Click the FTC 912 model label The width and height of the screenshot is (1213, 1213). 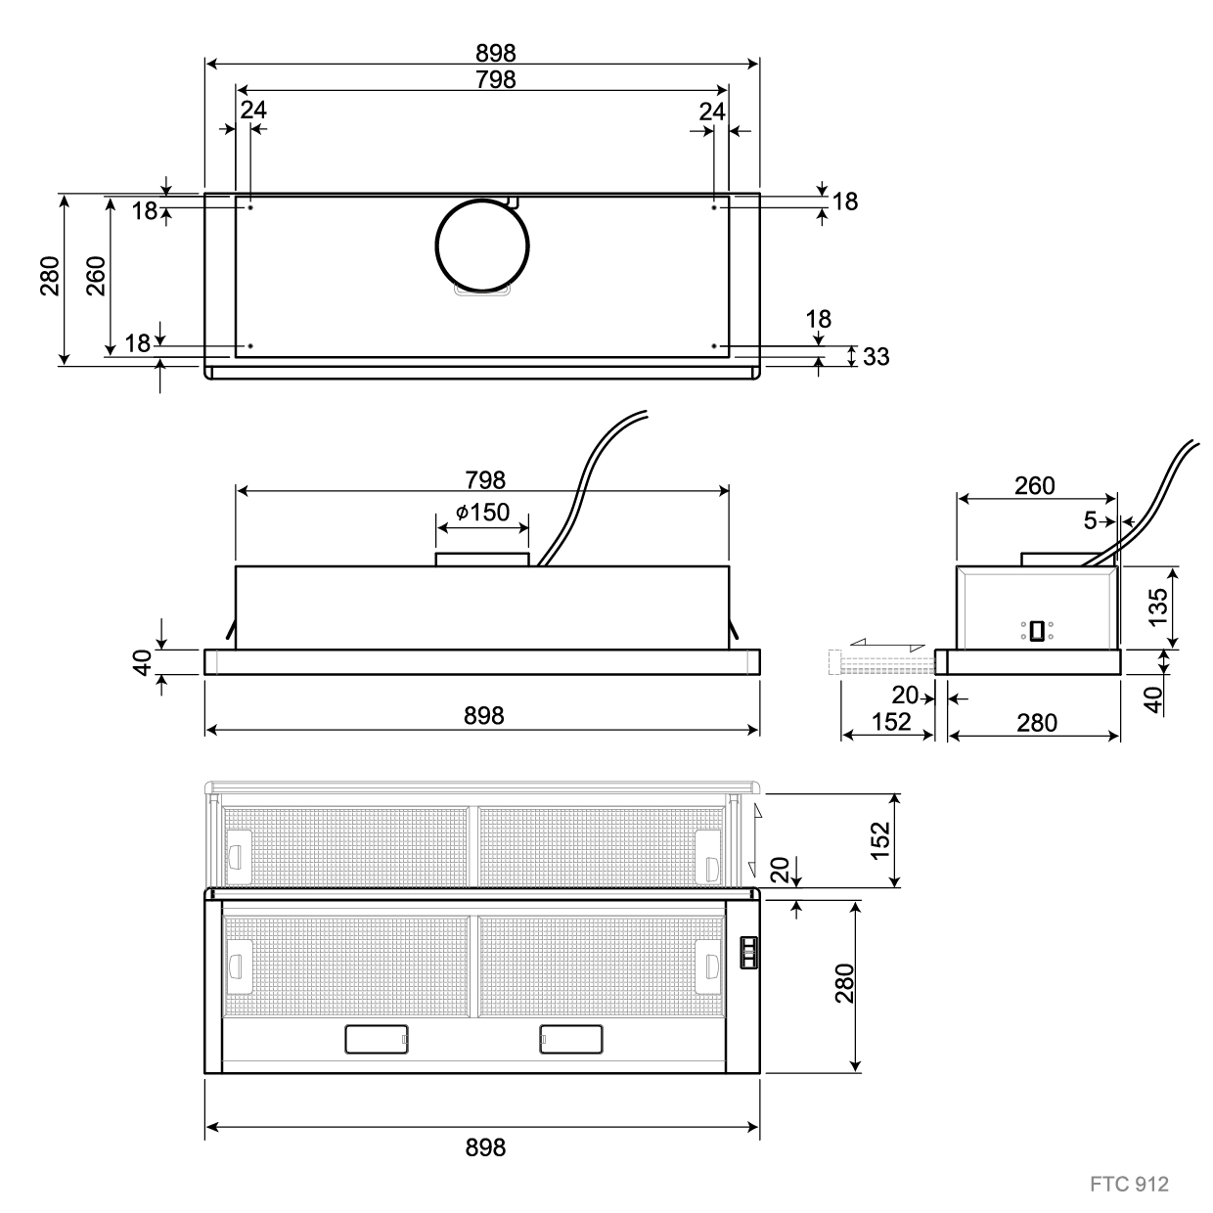pyautogui.click(x=1129, y=1184)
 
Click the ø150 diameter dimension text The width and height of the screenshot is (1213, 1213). pyautogui.click(x=482, y=513)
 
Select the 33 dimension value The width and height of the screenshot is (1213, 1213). pyautogui.click(x=876, y=356)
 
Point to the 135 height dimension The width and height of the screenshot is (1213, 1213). pyautogui.click(x=1158, y=607)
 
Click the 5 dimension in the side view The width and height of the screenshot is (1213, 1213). pyautogui.click(x=1091, y=520)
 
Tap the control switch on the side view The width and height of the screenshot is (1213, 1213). pyautogui.click(x=1037, y=631)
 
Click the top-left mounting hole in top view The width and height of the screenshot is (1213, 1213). pyautogui.click(x=250, y=207)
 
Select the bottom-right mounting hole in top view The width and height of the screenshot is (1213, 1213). pyautogui.click(x=714, y=346)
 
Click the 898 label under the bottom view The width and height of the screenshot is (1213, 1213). pyautogui.click(x=485, y=1147)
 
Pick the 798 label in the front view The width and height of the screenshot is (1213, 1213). pyautogui.click(x=485, y=480)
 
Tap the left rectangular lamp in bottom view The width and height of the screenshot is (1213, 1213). pyautogui.click(x=377, y=1039)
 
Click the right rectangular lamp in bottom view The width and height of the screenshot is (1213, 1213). pyautogui.click(x=571, y=1039)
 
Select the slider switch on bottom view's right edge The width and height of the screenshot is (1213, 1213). pyautogui.click(x=748, y=953)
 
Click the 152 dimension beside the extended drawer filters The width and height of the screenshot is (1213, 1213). pyautogui.click(x=879, y=840)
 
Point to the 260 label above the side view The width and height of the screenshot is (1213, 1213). pyautogui.click(x=1035, y=486)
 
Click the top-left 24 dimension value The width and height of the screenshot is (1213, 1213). pyautogui.click(x=253, y=111)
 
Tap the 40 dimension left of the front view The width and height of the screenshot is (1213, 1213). pyautogui.click(x=142, y=662)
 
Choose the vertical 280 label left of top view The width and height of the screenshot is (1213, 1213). pyautogui.click(x=50, y=276)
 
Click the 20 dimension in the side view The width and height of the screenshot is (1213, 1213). pyautogui.click(x=905, y=695)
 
